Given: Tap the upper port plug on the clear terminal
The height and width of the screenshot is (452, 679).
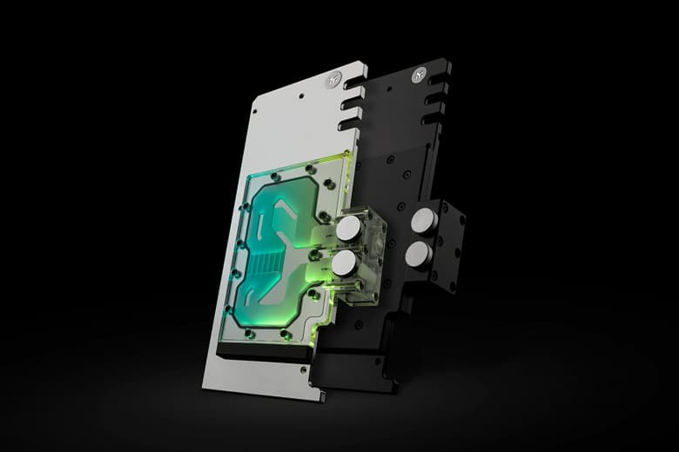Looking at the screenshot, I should (x=348, y=228).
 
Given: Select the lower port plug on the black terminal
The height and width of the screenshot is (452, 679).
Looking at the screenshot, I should (x=418, y=254).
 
